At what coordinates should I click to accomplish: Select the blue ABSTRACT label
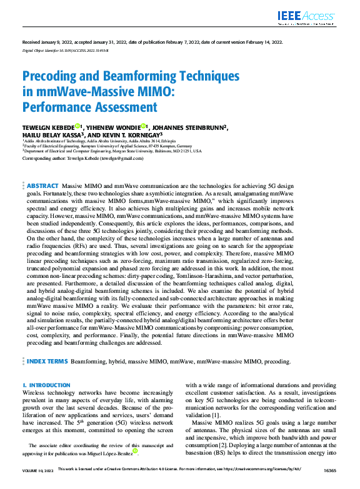(41, 186)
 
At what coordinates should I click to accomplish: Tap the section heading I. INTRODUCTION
(46, 385)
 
